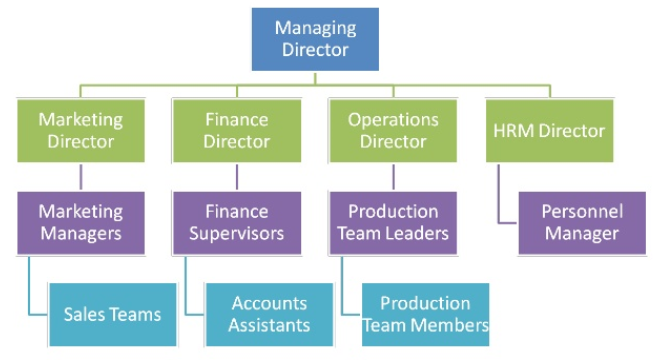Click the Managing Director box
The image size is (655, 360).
click(315, 39)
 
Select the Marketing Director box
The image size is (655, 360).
click(81, 130)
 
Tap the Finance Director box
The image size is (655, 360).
click(237, 130)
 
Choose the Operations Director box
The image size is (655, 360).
click(393, 130)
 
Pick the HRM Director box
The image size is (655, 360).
click(549, 130)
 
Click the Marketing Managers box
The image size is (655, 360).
click(81, 222)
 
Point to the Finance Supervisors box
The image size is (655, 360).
click(237, 222)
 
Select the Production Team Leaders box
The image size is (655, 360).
click(393, 222)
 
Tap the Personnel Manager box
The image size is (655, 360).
click(581, 222)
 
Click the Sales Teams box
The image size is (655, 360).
click(113, 314)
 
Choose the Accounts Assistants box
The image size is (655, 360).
click(269, 314)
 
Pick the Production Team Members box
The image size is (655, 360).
click(425, 314)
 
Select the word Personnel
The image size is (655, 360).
click(582, 211)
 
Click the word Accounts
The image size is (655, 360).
click(268, 303)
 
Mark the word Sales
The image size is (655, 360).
click(84, 315)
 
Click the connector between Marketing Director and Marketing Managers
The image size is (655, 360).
click(81, 176)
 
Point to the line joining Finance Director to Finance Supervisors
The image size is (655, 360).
click(237, 176)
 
